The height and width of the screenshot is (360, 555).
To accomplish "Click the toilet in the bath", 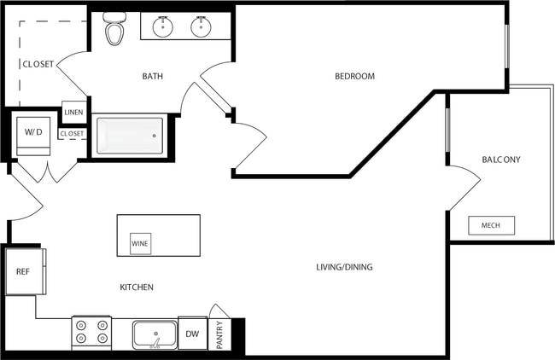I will (114, 29).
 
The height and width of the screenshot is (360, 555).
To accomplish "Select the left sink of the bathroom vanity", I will (163, 27).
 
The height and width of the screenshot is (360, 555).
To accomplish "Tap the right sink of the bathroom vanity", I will (201, 27).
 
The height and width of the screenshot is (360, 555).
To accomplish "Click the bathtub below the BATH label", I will (130, 135).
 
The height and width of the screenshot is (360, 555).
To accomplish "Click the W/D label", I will (33, 131).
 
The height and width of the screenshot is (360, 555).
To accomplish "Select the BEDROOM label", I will (354, 77).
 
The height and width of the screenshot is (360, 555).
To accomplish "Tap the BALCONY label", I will (501, 160).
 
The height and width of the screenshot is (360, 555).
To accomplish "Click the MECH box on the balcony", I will (491, 226).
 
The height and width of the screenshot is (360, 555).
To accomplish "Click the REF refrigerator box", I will (23, 271).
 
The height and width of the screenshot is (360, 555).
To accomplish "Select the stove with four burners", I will (91, 333).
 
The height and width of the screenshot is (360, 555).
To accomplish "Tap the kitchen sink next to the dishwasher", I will (155, 333).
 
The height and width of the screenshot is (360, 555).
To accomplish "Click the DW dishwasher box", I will (192, 334).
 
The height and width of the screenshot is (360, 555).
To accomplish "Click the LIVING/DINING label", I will (344, 267).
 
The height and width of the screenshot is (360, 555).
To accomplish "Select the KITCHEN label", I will (137, 287).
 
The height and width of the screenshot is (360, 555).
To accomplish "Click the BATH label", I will (153, 77).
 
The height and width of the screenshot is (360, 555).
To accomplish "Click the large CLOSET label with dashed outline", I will (38, 64).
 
